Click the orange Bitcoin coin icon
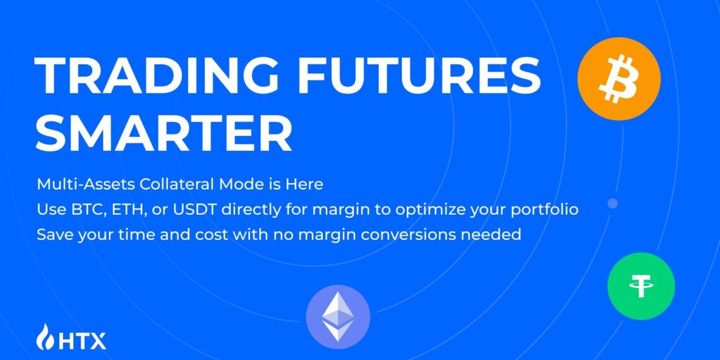[618, 79]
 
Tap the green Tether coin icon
[640, 286]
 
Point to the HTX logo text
[83, 340]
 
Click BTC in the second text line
[80, 210]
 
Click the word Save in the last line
[52, 234]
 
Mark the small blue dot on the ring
[612, 203]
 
